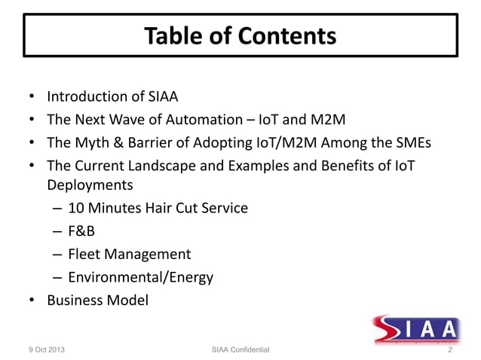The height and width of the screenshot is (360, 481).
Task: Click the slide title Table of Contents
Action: [x=240, y=35]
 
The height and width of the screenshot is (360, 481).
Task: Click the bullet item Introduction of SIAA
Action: [x=112, y=96]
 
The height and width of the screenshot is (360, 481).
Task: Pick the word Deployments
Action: [x=90, y=185]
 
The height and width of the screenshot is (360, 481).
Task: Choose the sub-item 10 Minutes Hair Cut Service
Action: [x=157, y=208]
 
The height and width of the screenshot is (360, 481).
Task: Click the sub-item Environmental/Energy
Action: [x=140, y=277]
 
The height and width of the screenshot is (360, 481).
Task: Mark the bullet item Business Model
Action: [x=97, y=300]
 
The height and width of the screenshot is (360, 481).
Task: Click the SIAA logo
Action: [x=415, y=329]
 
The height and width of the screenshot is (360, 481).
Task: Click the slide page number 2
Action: [x=450, y=350]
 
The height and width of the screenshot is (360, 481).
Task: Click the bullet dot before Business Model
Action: [x=32, y=301]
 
